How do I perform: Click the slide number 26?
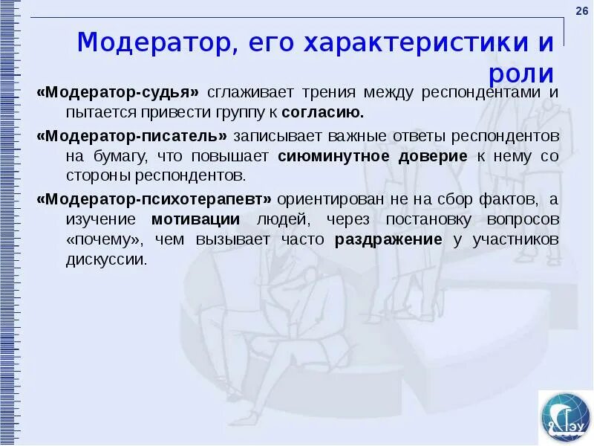click(x=581, y=8)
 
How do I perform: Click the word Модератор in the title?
click(x=154, y=42)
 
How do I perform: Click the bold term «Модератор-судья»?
click(x=119, y=93)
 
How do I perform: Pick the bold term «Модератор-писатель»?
click(x=134, y=137)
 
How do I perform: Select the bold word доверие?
click(x=434, y=157)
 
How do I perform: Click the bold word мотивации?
click(x=195, y=220)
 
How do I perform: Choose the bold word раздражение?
click(x=388, y=240)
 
